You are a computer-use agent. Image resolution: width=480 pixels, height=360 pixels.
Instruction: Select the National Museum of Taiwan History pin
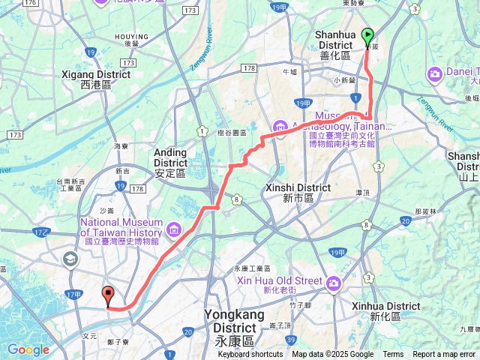[x=175, y=229]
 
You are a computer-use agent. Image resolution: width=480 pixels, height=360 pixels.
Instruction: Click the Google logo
[x=28, y=349]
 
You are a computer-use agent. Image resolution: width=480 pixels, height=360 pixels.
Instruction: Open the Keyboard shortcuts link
[x=251, y=355]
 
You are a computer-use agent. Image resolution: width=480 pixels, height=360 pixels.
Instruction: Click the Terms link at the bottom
[x=393, y=355]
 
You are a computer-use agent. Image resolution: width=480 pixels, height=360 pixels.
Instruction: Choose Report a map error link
[x=444, y=355]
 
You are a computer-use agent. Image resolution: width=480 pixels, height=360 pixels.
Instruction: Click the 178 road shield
[x=250, y=68]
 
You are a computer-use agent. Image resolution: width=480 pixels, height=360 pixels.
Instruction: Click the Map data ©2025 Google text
[x=333, y=355]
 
